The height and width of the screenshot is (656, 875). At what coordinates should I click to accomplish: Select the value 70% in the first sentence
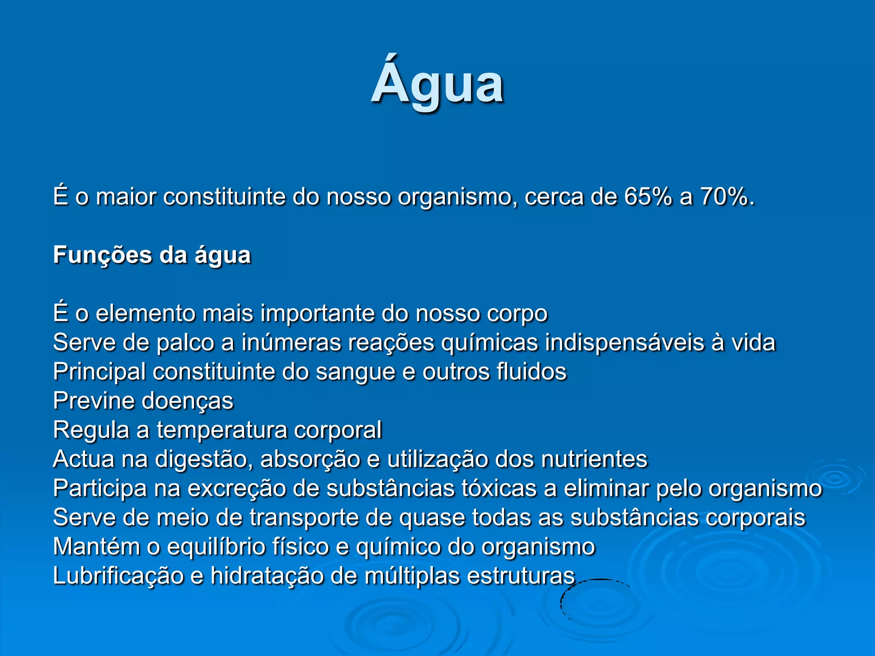pos(724,197)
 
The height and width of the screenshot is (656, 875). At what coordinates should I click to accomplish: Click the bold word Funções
pos(103,255)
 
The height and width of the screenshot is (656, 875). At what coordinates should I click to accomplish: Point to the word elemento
pos(145,313)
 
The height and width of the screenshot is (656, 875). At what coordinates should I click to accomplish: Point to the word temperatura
pos(222,430)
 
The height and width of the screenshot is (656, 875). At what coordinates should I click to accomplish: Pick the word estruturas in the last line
pos(521,576)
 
